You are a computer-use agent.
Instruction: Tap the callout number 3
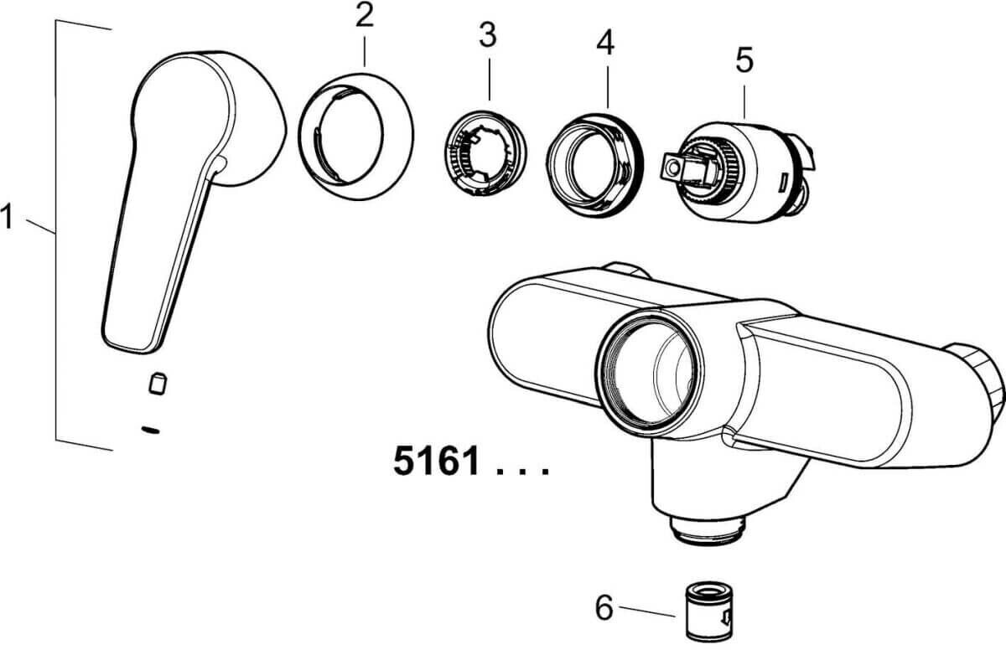click(x=487, y=35)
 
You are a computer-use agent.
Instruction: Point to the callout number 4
click(x=604, y=43)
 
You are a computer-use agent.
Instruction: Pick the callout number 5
click(x=744, y=59)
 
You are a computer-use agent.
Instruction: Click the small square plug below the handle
click(x=155, y=384)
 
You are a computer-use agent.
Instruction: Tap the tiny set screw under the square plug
click(x=151, y=430)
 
